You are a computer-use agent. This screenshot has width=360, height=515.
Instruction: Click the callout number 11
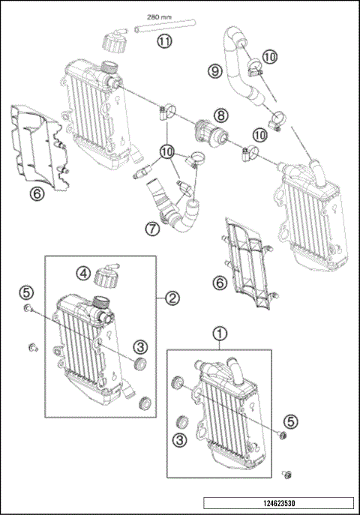click(164, 42)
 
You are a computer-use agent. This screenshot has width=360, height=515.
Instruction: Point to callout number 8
click(221, 115)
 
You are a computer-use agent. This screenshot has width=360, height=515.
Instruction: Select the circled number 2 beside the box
click(172, 298)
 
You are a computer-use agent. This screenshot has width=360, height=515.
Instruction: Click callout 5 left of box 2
click(26, 291)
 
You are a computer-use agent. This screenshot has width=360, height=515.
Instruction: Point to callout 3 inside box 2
click(139, 346)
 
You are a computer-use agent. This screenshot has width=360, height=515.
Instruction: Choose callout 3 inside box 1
click(179, 440)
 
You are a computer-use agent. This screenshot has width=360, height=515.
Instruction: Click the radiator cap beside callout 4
click(104, 280)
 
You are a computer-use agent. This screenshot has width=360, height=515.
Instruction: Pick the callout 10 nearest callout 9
click(268, 56)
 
